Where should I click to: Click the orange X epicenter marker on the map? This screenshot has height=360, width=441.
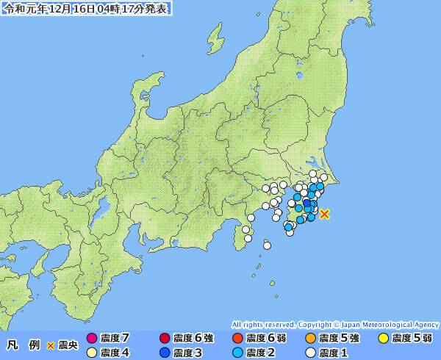coord(325,214)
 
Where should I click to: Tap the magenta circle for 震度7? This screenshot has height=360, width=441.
coord(92,338)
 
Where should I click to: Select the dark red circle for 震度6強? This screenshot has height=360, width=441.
coord(165,338)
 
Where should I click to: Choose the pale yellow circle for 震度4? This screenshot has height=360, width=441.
coord(92,353)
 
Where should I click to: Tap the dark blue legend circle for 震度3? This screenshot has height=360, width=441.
coord(165,353)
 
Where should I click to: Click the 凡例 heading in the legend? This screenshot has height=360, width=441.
coord(23,345)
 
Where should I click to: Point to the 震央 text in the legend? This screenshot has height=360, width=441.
coord(68,345)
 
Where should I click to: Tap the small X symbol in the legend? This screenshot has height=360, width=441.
coord(50,345)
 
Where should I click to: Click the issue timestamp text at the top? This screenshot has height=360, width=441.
coord(86,9)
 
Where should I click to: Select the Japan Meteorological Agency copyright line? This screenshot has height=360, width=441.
coord(335,324)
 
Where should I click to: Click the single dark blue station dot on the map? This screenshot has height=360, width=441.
coord(306,204)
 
